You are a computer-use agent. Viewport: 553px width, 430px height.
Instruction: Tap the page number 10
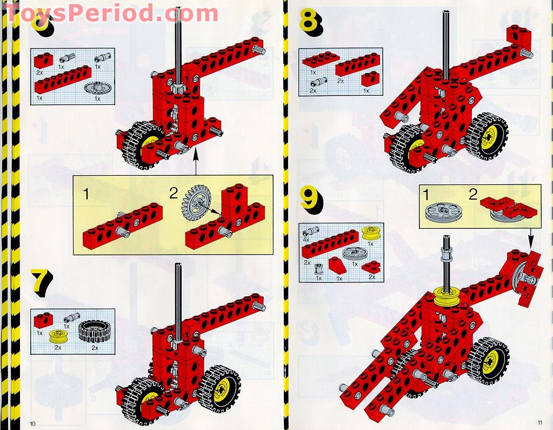point(32,423)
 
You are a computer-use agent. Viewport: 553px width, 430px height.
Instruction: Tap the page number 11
point(539,423)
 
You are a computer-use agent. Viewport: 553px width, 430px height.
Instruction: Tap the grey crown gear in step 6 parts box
point(96,87)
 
